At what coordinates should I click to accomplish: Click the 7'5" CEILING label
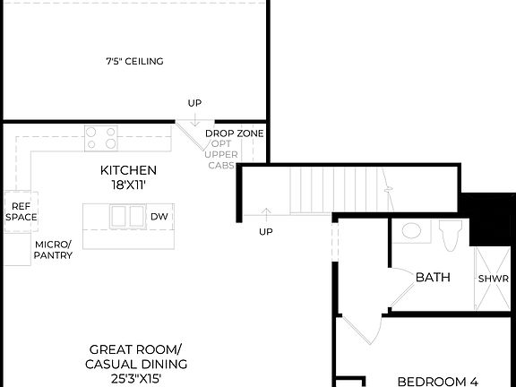(134, 62)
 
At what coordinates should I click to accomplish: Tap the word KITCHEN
(128, 170)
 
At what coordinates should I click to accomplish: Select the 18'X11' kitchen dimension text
(128, 184)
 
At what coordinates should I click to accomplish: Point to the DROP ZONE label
(235, 133)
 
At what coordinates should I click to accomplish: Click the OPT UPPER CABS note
(223, 154)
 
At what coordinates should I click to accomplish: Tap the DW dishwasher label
(159, 217)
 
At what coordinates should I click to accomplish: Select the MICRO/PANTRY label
(54, 249)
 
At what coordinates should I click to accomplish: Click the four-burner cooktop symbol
(101, 137)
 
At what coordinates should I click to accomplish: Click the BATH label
(432, 278)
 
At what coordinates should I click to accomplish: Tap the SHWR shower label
(493, 279)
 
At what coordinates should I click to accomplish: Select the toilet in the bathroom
(451, 235)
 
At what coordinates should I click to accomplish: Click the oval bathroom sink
(412, 231)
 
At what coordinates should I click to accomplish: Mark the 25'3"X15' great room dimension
(136, 379)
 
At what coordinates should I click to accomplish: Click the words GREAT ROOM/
(136, 349)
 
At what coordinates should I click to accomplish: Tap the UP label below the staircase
(266, 232)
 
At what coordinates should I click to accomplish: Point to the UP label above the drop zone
(194, 103)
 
